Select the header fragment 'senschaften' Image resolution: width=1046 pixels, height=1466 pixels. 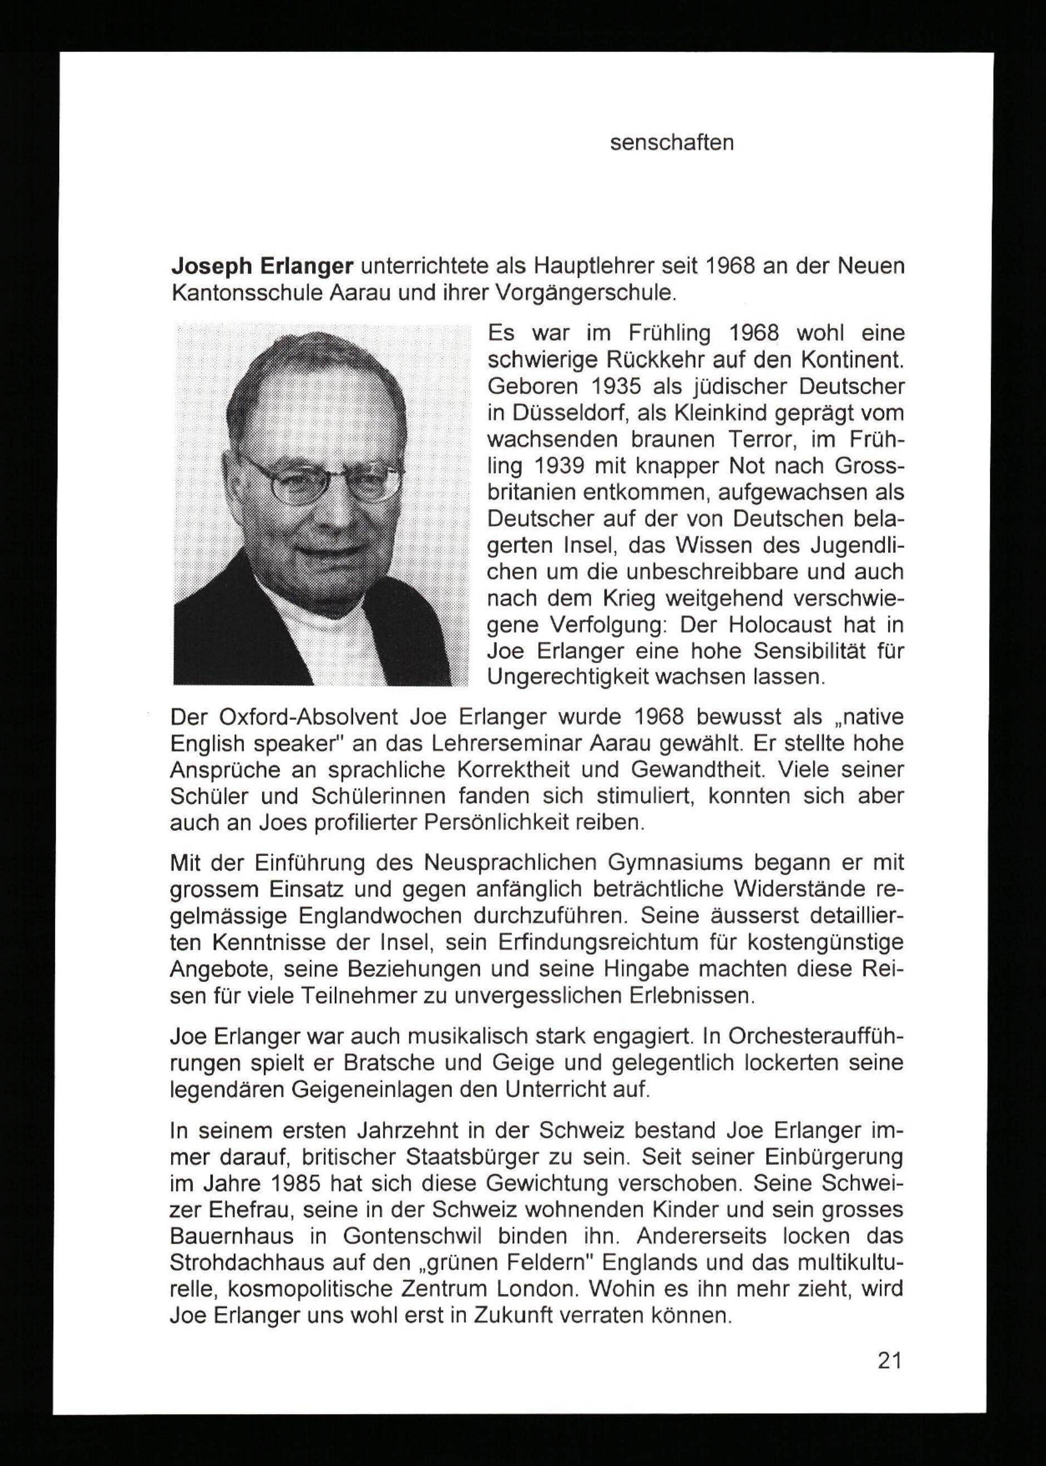tap(672, 142)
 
